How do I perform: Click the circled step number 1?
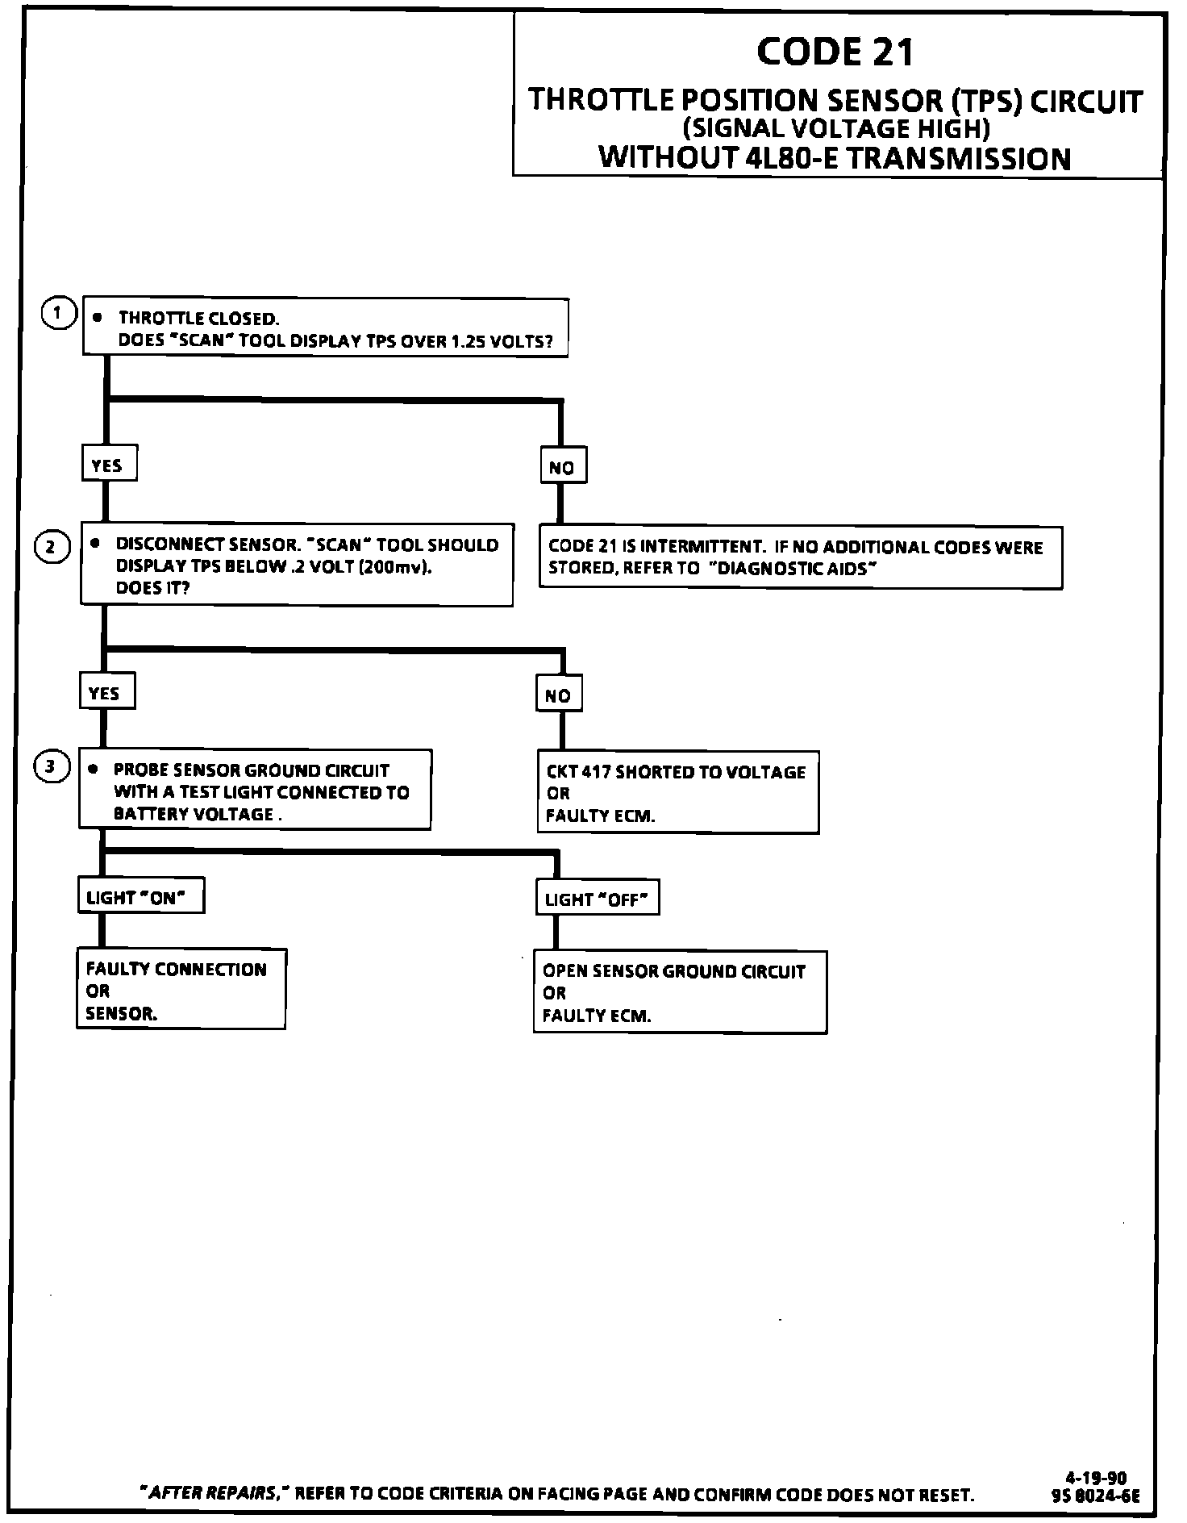click(x=57, y=312)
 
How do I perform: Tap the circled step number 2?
click(x=51, y=547)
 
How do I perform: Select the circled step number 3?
click(x=50, y=766)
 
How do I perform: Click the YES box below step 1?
click(x=108, y=464)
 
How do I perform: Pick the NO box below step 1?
click(x=562, y=466)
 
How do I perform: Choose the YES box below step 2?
click(x=106, y=692)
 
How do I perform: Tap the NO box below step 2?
click(x=559, y=695)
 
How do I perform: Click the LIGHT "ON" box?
click(x=140, y=896)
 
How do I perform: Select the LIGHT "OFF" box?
click(x=597, y=898)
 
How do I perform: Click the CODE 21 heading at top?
click(x=835, y=53)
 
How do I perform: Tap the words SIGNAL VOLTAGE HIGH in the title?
click(x=835, y=127)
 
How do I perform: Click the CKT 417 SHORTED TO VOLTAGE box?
click(x=677, y=792)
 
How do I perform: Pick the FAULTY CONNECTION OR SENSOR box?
click(x=181, y=990)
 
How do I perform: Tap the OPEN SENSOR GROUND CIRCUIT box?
click(x=680, y=992)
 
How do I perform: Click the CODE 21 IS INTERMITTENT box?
click(x=800, y=557)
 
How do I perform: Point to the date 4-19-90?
click(x=1095, y=1478)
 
